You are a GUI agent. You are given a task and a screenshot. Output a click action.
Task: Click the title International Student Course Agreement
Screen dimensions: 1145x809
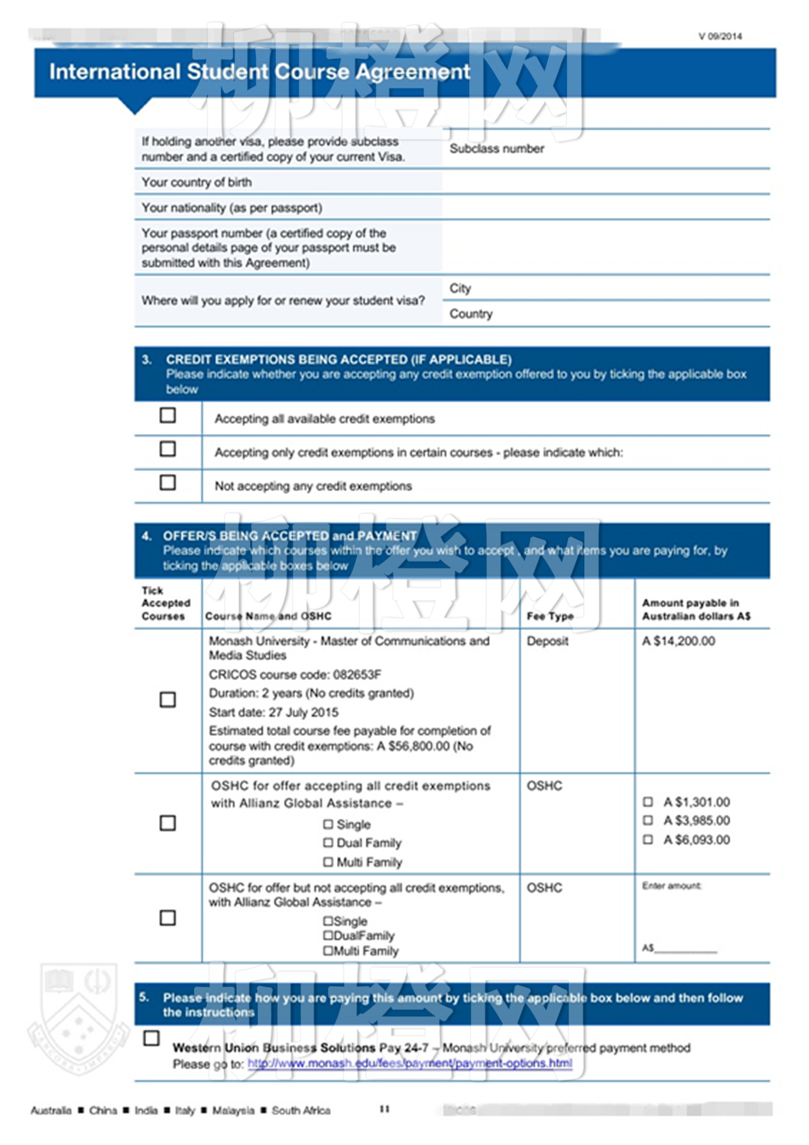click(259, 72)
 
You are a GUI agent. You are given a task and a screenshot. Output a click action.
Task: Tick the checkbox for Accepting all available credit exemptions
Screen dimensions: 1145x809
click(168, 415)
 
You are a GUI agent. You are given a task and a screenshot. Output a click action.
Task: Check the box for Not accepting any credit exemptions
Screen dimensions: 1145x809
click(168, 482)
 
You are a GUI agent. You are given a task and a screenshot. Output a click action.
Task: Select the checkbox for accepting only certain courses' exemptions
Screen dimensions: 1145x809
click(168, 449)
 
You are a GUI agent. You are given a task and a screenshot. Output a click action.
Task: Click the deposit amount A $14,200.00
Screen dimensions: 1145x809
click(678, 641)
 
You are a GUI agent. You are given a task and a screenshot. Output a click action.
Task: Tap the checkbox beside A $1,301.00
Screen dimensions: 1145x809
click(648, 802)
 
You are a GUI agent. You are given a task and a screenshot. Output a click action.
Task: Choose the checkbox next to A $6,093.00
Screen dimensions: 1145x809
click(648, 839)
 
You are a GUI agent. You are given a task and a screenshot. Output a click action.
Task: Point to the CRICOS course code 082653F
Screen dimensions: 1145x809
click(295, 675)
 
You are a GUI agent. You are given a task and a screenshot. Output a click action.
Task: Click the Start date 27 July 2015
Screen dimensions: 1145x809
click(274, 712)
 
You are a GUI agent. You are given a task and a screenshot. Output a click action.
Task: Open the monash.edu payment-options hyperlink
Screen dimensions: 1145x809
click(410, 1064)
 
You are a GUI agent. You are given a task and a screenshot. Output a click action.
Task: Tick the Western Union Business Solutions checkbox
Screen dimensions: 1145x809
click(151, 1038)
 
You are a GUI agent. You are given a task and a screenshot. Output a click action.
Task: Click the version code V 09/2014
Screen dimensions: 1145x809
click(720, 36)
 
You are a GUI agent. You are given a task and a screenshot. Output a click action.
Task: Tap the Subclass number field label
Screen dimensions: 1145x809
click(497, 149)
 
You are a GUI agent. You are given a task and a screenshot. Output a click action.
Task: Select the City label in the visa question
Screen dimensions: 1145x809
click(461, 288)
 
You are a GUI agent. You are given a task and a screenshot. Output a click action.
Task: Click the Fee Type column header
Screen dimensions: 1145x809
click(550, 616)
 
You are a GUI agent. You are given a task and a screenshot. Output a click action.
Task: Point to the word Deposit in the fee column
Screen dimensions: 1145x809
click(547, 641)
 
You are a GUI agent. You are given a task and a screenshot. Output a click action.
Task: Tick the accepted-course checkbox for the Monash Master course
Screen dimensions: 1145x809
click(168, 700)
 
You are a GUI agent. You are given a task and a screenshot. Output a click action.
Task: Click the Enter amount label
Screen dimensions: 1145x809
click(671, 886)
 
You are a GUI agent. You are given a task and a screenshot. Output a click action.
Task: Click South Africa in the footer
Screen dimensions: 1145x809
click(301, 1110)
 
